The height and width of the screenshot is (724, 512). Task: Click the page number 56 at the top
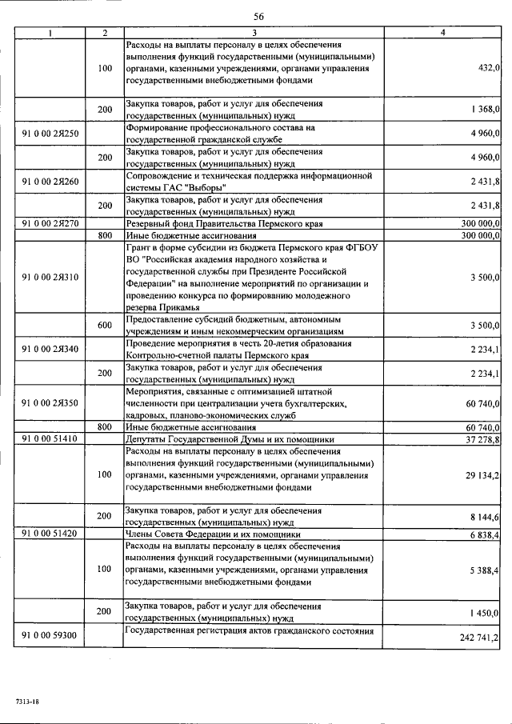(258, 16)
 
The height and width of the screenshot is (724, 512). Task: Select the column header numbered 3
(254, 32)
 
